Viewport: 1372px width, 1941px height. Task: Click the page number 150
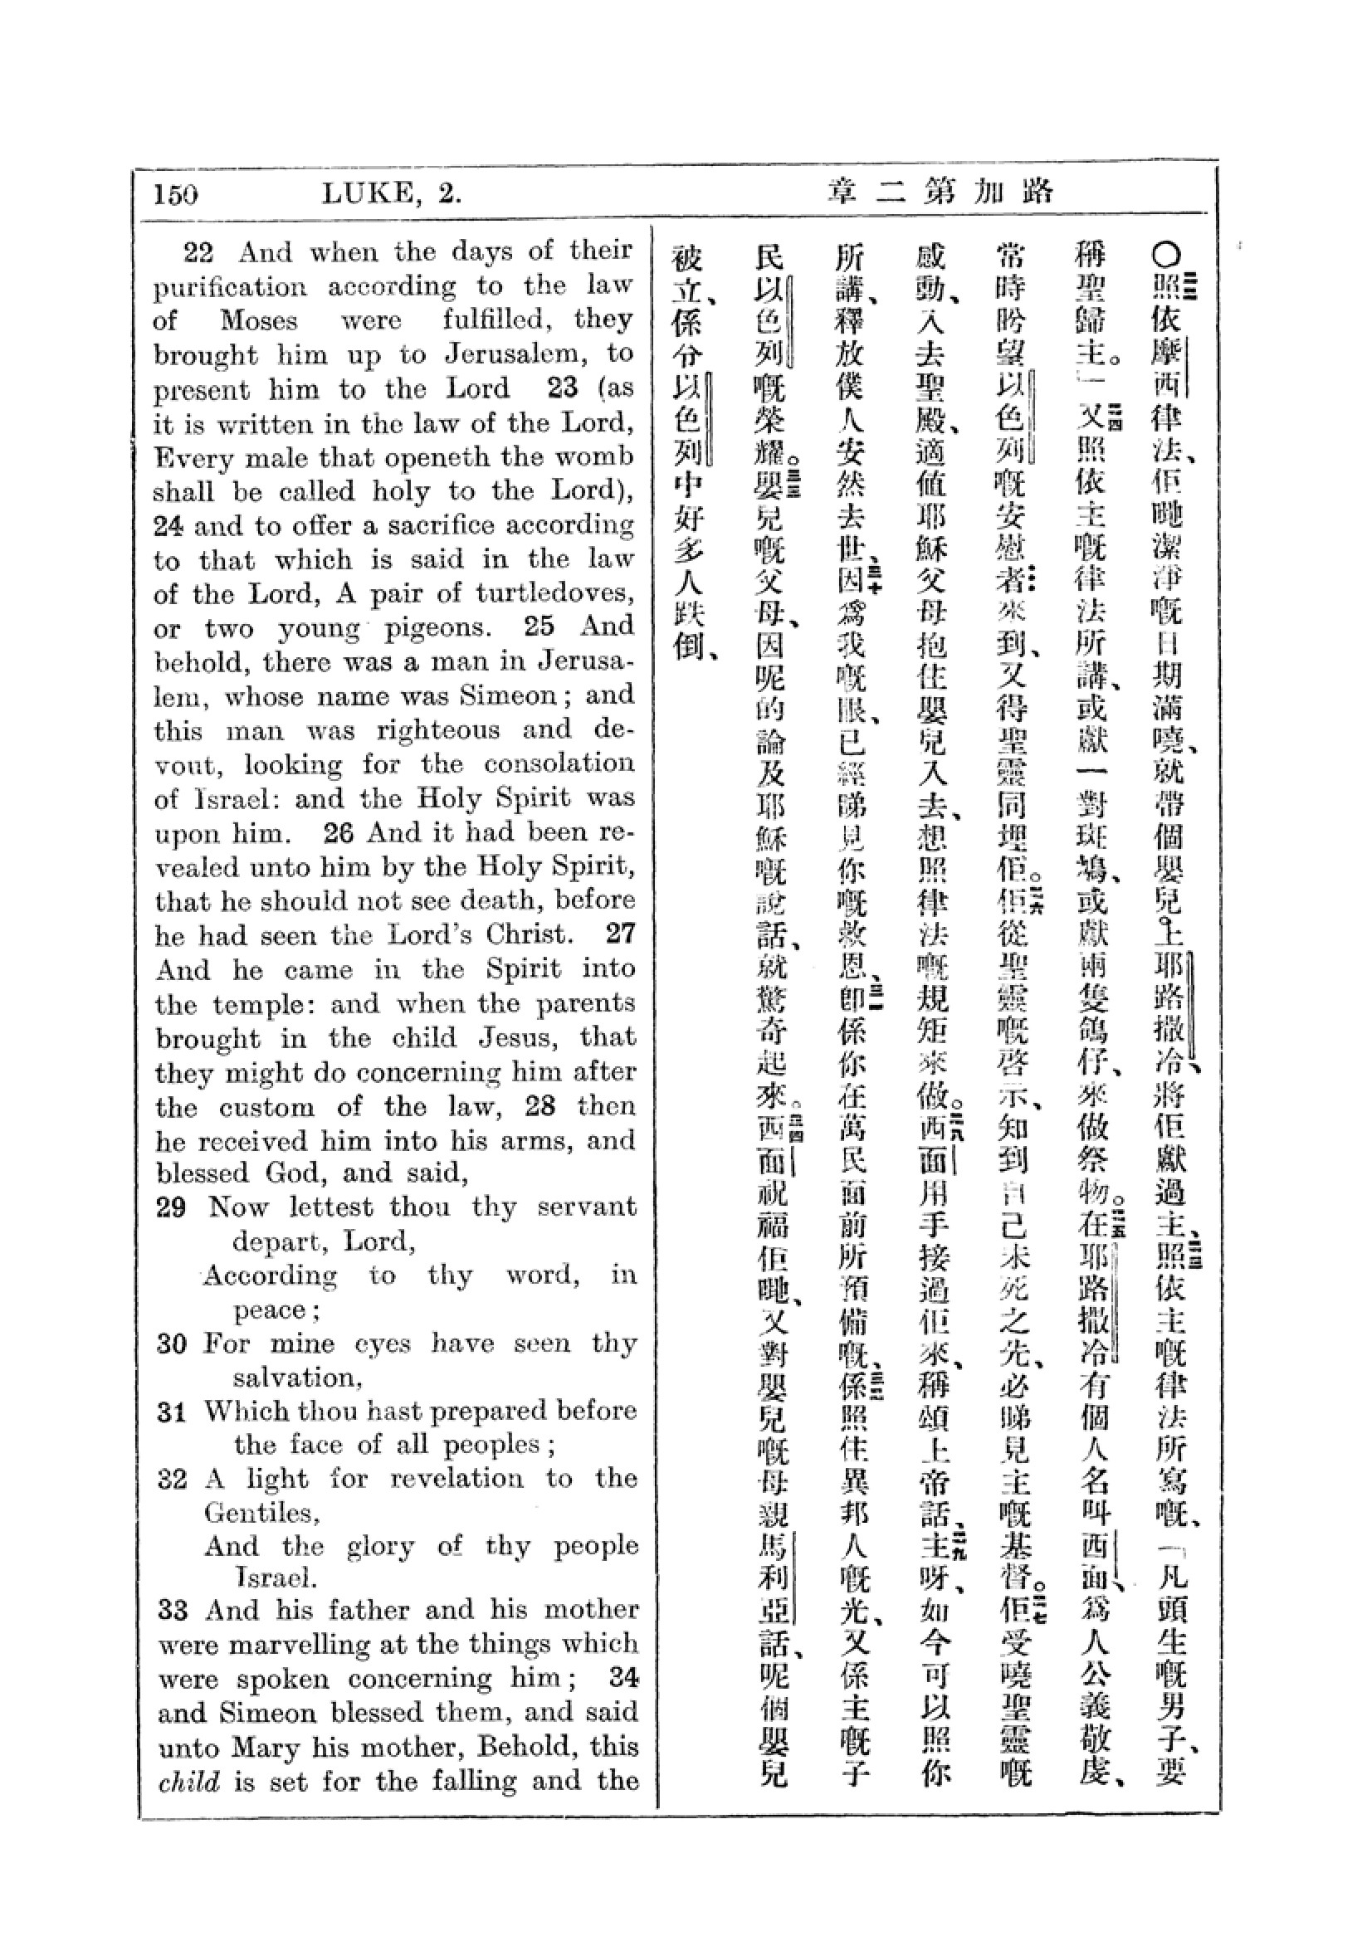176,195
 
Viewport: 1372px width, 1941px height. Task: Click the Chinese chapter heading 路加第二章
940,193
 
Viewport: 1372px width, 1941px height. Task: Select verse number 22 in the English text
198,252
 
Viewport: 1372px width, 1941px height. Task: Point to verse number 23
561,388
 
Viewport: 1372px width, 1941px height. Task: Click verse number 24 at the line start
169,526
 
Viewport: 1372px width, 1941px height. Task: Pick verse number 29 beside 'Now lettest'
171,1207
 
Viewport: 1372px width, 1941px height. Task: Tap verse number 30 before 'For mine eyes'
172,1344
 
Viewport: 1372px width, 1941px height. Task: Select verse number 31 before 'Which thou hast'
172,1412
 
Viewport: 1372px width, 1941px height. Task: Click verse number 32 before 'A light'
172,1480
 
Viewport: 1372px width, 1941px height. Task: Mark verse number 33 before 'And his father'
173,1610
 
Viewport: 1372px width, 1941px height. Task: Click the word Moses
259,320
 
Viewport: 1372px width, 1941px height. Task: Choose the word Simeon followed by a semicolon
508,695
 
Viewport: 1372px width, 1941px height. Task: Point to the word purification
230,287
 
